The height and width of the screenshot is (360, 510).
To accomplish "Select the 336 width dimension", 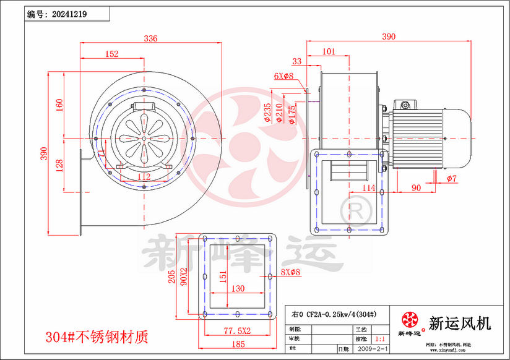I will click(x=150, y=38).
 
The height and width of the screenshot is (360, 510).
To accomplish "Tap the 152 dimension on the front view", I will click(x=111, y=54).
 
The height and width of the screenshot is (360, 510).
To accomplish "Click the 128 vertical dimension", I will click(x=59, y=166).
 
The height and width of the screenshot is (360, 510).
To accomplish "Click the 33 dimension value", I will click(x=297, y=61).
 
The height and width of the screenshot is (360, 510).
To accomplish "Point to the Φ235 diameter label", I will click(x=267, y=113).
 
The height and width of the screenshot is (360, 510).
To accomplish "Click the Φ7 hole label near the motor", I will click(x=451, y=179).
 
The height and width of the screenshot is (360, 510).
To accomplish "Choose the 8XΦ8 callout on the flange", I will click(x=290, y=272).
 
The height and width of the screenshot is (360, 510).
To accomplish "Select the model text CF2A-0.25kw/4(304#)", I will click(x=335, y=314).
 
